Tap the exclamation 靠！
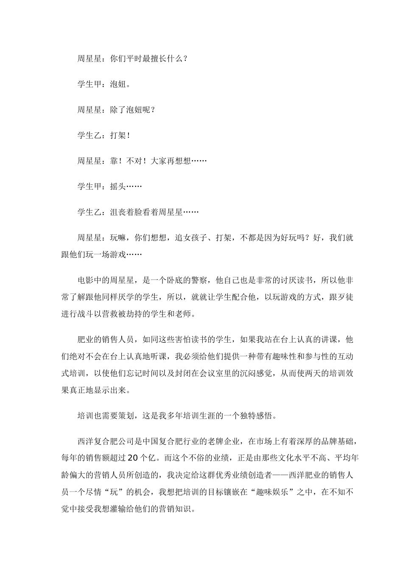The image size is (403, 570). [x=117, y=161]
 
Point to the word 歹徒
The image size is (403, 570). [x=344, y=297]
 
